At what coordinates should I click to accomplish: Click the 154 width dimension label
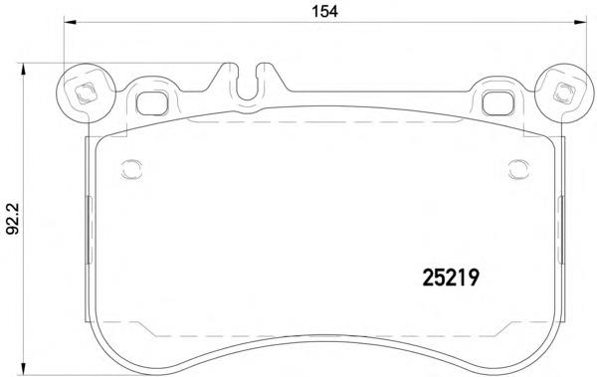[x=324, y=11]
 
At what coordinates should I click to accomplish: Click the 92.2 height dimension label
[x=13, y=219]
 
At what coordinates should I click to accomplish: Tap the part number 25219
[x=451, y=278]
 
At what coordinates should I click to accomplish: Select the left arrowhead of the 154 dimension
[x=70, y=23]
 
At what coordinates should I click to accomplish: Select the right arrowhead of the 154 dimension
[x=580, y=23]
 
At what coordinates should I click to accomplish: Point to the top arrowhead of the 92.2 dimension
[x=24, y=70]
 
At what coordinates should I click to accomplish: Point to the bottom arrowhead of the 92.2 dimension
[x=24, y=368]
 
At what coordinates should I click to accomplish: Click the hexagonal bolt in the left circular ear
[x=85, y=93]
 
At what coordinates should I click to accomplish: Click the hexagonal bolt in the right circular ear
[x=564, y=93]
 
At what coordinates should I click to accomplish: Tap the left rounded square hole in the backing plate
[x=152, y=102]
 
